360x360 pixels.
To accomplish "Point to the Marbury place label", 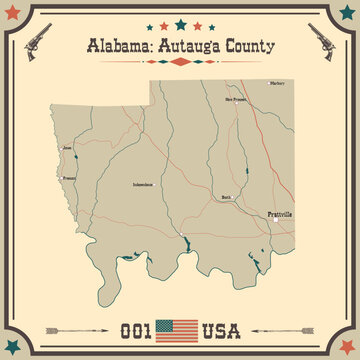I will (x=278, y=82).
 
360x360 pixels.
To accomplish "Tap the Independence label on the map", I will (x=144, y=185).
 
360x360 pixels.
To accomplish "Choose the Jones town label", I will (x=67, y=148).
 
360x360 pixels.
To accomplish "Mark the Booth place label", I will (x=226, y=198).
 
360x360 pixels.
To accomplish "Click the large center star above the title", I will (x=180, y=23).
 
